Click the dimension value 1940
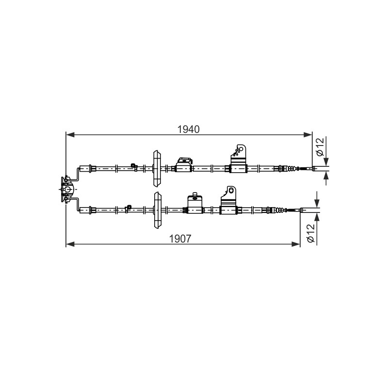pos(189,129)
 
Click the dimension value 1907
pos(180,239)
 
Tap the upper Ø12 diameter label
pos(320,147)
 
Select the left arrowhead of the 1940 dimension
pos(70,135)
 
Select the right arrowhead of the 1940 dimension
pos(307,135)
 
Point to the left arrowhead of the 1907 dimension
pos(70,244)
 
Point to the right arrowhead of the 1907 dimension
pos(296,244)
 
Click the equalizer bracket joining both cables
pos(67,189)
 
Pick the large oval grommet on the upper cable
pos(157,168)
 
